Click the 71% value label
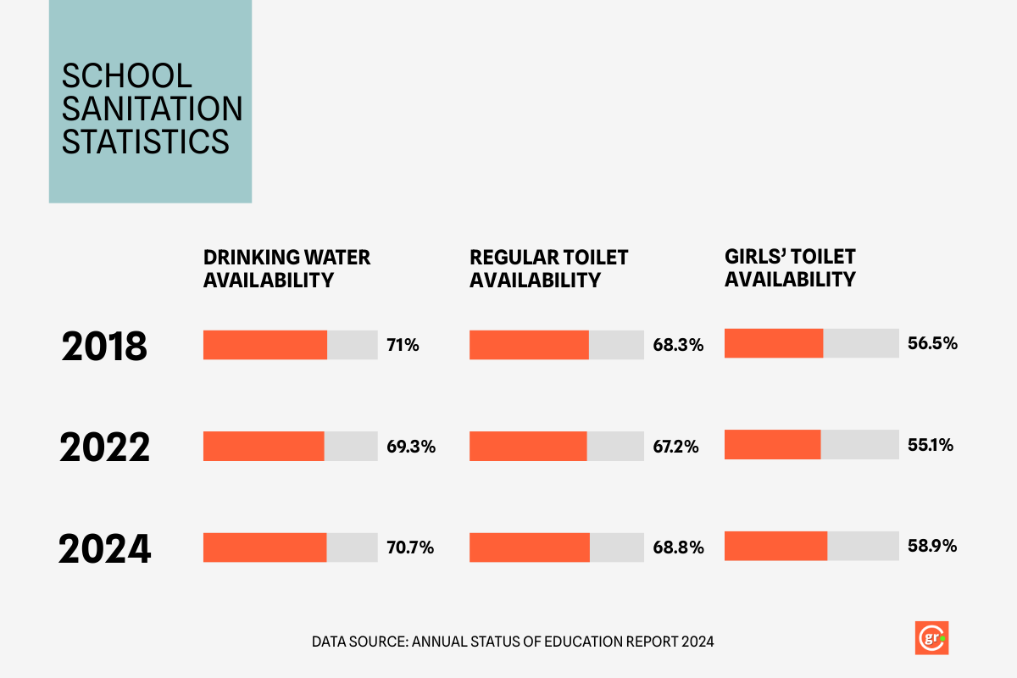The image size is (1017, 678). point(403,345)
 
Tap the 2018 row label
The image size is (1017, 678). point(104,347)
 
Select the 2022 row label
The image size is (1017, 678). point(104,447)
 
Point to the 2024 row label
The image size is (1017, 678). point(104,549)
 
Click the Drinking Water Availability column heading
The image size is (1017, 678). point(286,268)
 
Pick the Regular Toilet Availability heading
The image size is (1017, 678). point(549,268)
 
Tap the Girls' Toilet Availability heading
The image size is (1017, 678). point(790,267)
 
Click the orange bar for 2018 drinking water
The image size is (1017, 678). point(265,345)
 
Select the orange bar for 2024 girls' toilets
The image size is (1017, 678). point(775,546)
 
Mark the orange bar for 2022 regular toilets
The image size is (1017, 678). point(528,446)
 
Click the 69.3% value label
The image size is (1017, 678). point(411,447)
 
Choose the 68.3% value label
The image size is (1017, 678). point(678,345)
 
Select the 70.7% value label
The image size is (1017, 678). point(410,547)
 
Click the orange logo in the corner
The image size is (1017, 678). point(931,638)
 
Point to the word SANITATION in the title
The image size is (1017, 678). point(153,108)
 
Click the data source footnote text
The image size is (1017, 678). point(513,642)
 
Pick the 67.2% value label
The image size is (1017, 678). point(675,447)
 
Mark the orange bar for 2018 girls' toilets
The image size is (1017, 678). point(774,343)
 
